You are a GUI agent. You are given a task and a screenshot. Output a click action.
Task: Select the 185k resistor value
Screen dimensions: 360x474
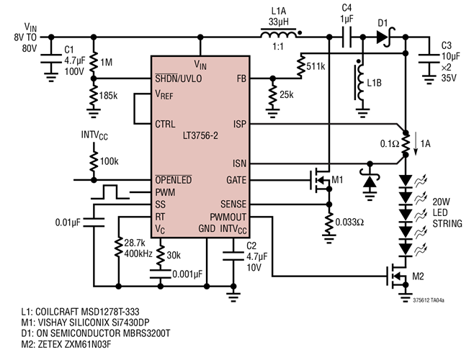click(108, 94)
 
